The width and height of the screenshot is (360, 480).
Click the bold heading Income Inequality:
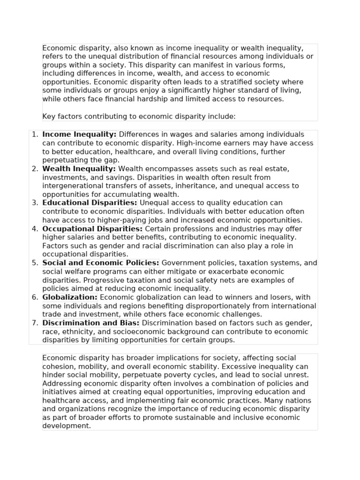tap(79, 135)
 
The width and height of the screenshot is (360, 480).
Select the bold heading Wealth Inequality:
tap(79, 169)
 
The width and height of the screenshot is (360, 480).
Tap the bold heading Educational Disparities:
tap(90, 203)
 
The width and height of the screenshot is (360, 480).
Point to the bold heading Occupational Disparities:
tap(92, 229)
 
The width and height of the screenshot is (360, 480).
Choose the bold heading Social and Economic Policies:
tap(101, 263)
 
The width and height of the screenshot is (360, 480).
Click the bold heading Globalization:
tap(70, 297)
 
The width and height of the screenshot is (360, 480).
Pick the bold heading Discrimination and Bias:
tap(90, 323)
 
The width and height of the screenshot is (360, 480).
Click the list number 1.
tap(35, 135)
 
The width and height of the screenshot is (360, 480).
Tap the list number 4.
tap(35, 229)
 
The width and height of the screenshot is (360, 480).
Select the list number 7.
tap(35, 323)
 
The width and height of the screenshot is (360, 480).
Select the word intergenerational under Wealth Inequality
tap(71, 186)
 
